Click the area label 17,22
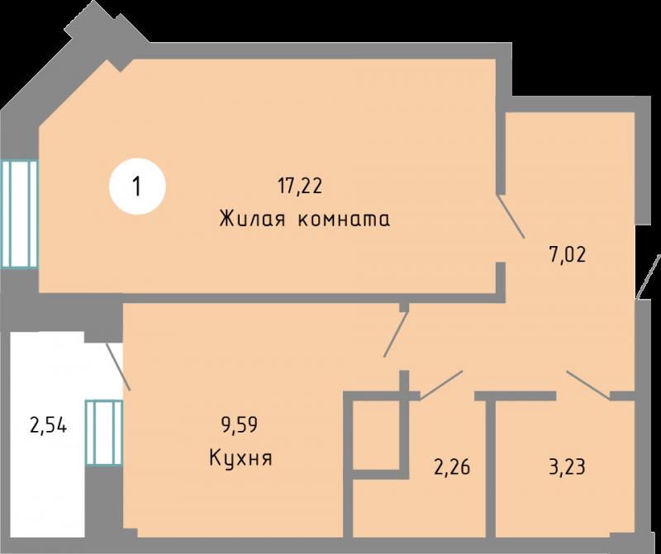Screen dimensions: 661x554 click(300, 186)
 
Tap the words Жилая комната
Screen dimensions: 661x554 click(304, 219)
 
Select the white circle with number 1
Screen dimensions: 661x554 click(137, 187)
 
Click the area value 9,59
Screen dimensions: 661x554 click(239, 424)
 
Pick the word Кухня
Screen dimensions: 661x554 click(240, 458)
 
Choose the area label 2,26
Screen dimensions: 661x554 click(452, 467)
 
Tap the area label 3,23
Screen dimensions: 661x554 click(567, 467)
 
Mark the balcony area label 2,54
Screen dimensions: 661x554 click(49, 425)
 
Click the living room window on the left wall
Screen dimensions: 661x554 click(19, 214)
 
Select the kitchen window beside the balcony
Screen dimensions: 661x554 click(104, 433)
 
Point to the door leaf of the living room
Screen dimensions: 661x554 click(511, 216)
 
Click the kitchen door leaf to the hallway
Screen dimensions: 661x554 click(395, 334)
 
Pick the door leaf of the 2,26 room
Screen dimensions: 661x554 click(441, 385)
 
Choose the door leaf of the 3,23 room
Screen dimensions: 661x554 click(588, 385)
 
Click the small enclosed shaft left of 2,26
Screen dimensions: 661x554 click(376, 435)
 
